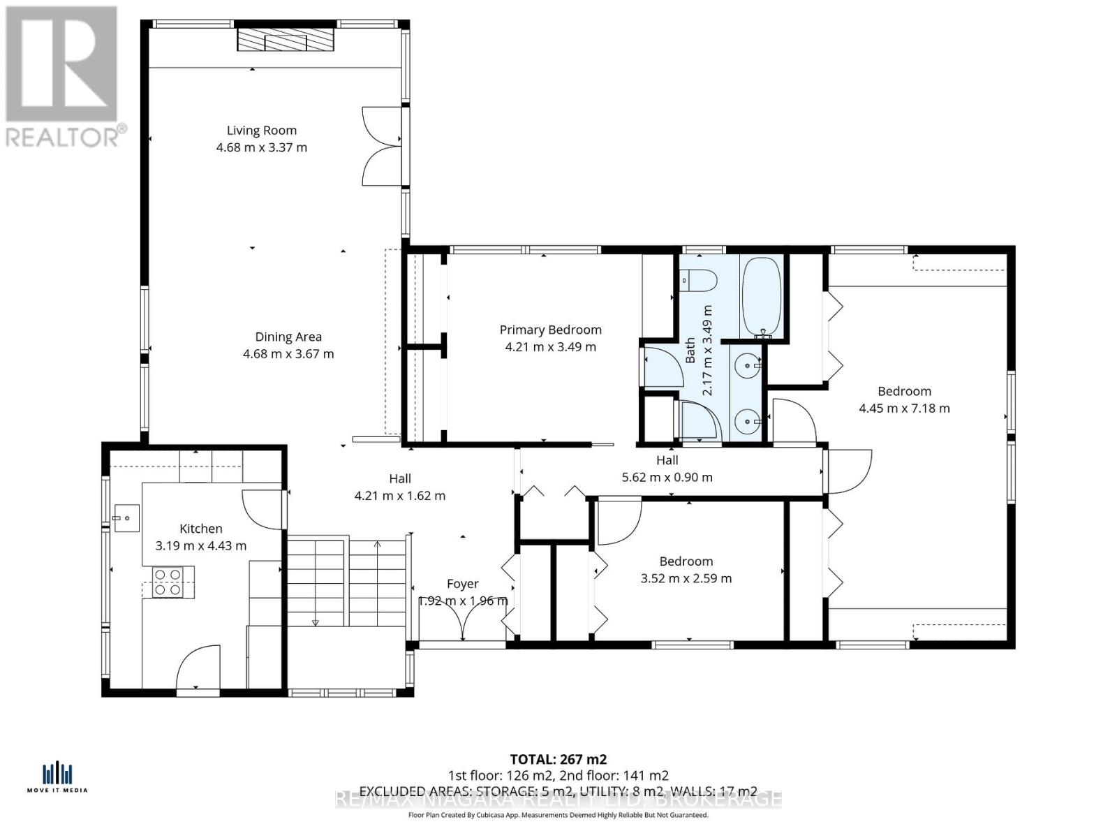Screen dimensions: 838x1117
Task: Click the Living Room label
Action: tap(261, 131)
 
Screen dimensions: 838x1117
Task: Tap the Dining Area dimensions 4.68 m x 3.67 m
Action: tap(288, 354)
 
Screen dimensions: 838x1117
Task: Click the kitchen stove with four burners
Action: tap(168, 582)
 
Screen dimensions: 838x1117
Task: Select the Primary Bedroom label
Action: tap(550, 330)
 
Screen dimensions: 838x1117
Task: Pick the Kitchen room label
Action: tap(201, 529)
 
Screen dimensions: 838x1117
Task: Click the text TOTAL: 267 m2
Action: tap(558, 759)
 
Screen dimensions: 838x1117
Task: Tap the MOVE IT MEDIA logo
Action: tap(57, 777)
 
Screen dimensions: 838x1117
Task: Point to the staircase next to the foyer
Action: tap(347, 582)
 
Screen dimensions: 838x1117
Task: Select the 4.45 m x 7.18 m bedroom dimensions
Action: tap(904, 409)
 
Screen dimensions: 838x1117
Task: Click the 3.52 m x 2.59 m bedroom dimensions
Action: tap(686, 578)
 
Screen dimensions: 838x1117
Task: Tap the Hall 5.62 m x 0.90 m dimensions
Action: tap(667, 478)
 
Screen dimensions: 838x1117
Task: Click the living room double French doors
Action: tap(382, 146)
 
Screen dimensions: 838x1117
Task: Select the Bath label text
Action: tap(690, 351)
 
